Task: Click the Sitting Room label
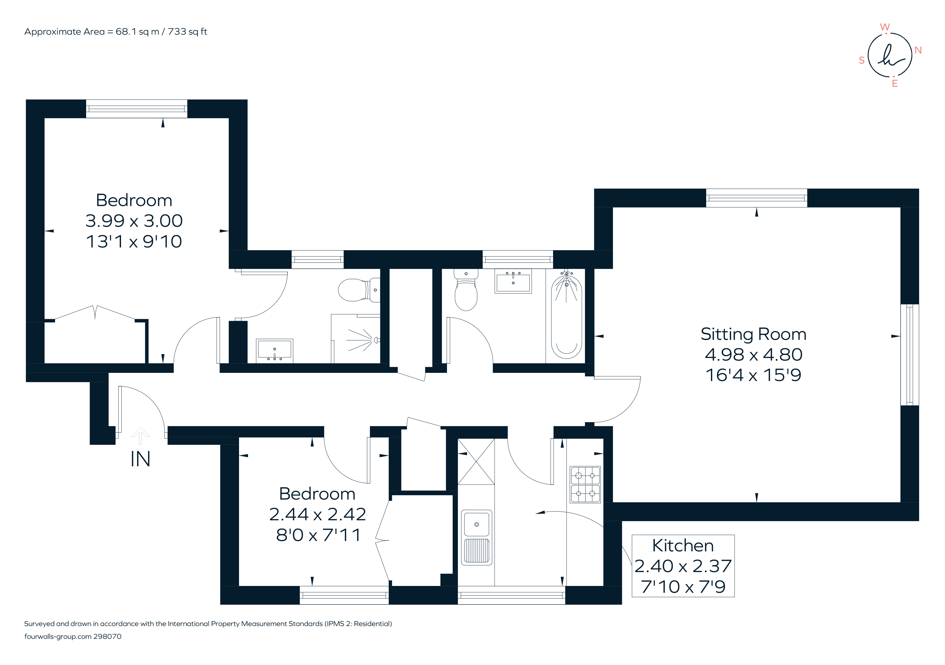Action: (x=753, y=334)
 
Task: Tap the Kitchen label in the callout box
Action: (x=683, y=546)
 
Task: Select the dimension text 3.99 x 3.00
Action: (x=134, y=221)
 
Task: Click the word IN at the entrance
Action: (x=140, y=459)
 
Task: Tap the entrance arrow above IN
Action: (x=140, y=435)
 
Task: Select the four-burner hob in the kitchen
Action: (x=585, y=484)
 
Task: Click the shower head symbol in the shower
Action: (x=375, y=340)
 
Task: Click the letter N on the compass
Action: (x=918, y=50)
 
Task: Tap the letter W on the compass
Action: (x=884, y=27)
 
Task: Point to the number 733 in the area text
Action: (x=177, y=32)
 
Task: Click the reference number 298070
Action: (x=107, y=636)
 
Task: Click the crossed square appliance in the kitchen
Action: (x=476, y=462)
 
